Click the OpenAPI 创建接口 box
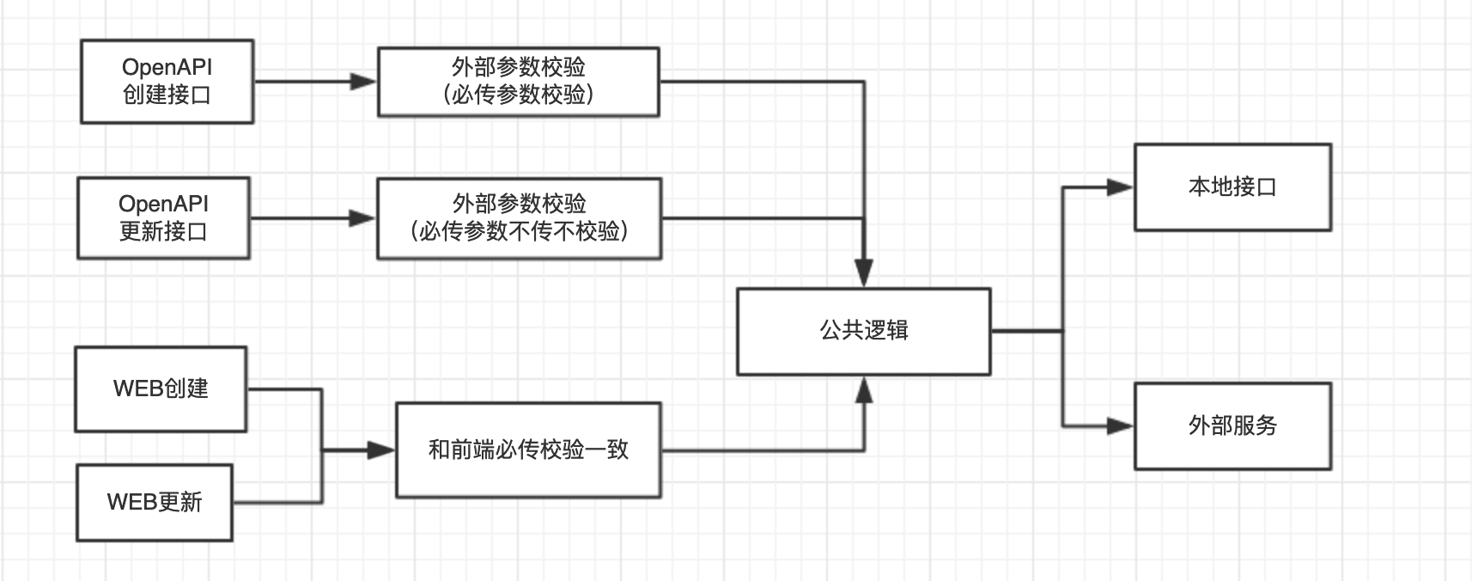click(x=167, y=82)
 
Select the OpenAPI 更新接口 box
click(x=163, y=218)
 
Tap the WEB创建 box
click(x=161, y=389)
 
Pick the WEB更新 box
click(x=154, y=503)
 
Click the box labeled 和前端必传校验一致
click(x=528, y=450)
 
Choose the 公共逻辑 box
click(x=863, y=331)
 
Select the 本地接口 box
click(x=1232, y=187)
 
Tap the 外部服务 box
click(x=1232, y=426)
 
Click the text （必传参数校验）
click(x=519, y=95)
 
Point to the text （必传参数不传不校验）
click(x=519, y=231)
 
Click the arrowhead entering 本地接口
click(x=1120, y=187)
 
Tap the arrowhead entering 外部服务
click(x=1120, y=425)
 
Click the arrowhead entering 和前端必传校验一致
click(x=380, y=450)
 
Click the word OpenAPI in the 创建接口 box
click(x=167, y=68)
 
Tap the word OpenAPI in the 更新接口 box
click(x=163, y=205)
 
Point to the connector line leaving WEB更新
click(x=279, y=502)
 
